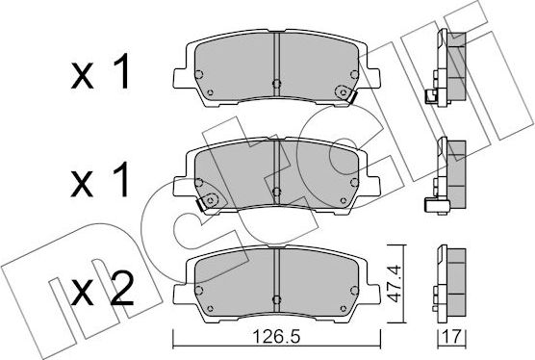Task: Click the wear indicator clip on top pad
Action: [343, 92]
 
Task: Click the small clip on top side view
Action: [429, 95]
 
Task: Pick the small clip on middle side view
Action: [429, 203]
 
